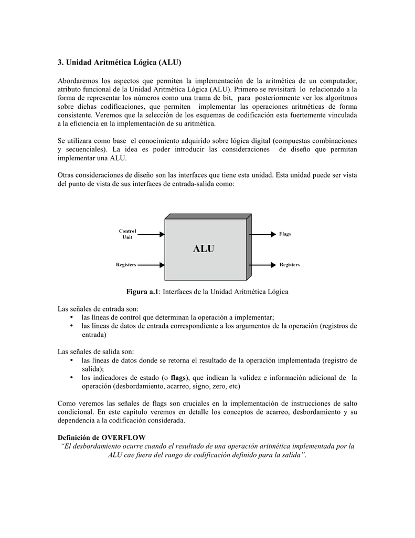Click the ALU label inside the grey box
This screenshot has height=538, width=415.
204,249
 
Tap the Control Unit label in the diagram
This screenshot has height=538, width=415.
127,234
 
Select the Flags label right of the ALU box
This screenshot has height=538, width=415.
285,234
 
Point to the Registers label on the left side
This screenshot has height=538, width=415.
126,265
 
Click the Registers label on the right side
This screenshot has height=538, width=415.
290,265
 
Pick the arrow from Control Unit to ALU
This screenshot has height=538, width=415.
152,234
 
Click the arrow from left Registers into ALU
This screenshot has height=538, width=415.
152,265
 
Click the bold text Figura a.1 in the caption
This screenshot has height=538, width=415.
142,292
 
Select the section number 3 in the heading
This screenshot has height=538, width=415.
60,63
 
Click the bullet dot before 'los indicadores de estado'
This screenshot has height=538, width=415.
71,377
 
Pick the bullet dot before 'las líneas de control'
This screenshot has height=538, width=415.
71,317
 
